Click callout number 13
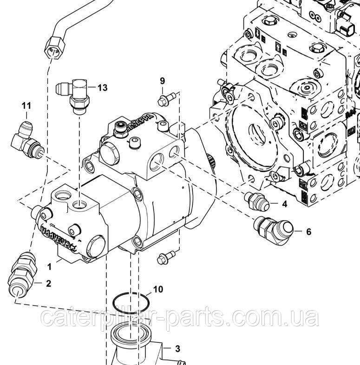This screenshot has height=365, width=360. [x=103, y=87]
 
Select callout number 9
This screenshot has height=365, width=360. [x=163, y=81]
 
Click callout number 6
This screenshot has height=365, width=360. [x=308, y=231]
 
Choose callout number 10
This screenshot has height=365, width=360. [x=158, y=289]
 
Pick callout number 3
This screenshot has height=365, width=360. [x=177, y=348]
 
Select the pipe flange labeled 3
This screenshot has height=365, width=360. [x=133, y=346]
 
